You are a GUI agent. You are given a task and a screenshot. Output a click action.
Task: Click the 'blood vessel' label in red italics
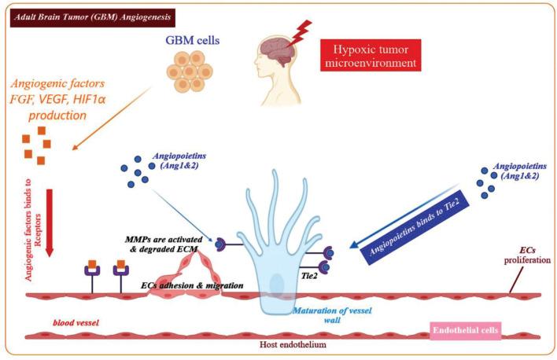[74, 323]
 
